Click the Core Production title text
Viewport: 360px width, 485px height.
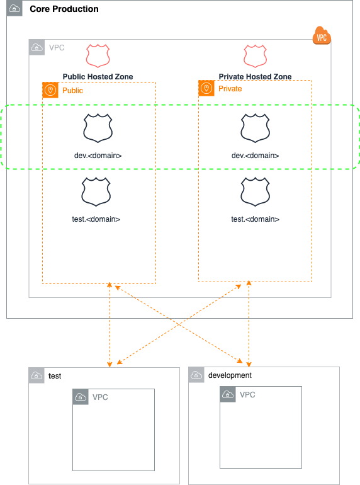[x=64, y=9]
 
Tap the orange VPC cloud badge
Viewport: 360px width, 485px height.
[x=322, y=36]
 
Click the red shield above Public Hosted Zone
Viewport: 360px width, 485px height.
[x=98, y=56]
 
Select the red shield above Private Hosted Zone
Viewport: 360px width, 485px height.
[x=255, y=56]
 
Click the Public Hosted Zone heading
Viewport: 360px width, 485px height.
[x=98, y=77]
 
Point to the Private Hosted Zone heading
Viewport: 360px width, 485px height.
[x=255, y=77]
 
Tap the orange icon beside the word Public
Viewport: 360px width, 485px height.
[x=50, y=90]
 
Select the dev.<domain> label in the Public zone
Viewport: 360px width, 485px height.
[x=98, y=156]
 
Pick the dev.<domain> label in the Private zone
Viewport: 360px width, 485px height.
[x=255, y=156]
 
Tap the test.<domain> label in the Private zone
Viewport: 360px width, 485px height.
[x=255, y=219]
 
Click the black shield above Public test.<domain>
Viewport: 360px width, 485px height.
[x=98, y=192]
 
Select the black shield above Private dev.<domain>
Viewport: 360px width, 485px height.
[x=255, y=128]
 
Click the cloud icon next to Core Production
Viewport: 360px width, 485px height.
[x=14, y=9]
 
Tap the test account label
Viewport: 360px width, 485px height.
[x=55, y=376]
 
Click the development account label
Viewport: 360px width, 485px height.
[x=230, y=375]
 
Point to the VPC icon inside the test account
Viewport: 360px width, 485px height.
[x=81, y=397]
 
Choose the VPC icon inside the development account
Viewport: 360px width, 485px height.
[x=228, y=394]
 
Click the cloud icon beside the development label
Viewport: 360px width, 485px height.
[x=196, y=375]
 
